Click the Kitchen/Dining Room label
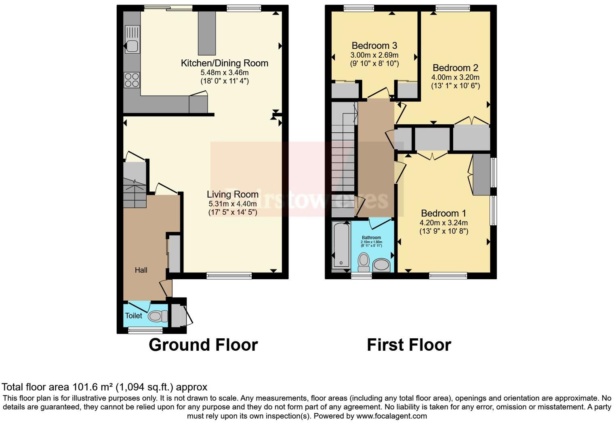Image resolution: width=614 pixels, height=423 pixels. [224, 63]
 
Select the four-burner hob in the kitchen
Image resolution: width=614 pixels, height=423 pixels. [132, 80]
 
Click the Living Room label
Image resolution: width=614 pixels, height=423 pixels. [232, 194]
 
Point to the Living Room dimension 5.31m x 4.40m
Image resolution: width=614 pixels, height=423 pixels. [232, 204]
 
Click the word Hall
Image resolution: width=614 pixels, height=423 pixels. [141, 270]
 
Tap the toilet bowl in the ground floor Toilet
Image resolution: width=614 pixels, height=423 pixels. [157, 316]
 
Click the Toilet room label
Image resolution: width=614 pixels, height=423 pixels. [133, 316]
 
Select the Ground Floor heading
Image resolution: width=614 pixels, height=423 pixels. [203, 345]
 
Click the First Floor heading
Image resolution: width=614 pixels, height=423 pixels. [409, 345]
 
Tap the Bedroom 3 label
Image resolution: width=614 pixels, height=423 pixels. [374, 46]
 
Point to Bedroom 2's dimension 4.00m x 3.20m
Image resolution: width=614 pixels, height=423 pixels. [455, 77]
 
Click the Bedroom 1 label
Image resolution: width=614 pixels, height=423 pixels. [443, 213]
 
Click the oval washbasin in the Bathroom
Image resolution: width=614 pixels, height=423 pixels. [381, 265]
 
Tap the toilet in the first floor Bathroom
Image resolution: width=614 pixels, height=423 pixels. [364, 262]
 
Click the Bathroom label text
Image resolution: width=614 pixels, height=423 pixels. [371, 238]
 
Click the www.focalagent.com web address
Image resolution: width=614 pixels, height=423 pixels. [391, 416]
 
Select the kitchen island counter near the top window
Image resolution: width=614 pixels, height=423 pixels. [206, 33]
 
